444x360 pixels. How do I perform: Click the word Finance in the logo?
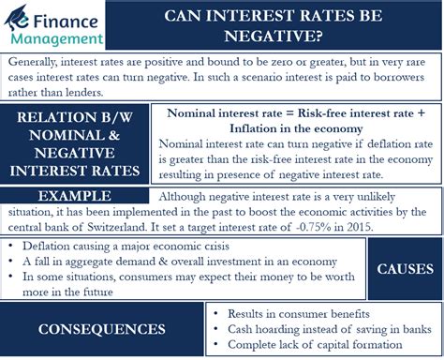[66, 16]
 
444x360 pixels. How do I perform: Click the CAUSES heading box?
[404, 269]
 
